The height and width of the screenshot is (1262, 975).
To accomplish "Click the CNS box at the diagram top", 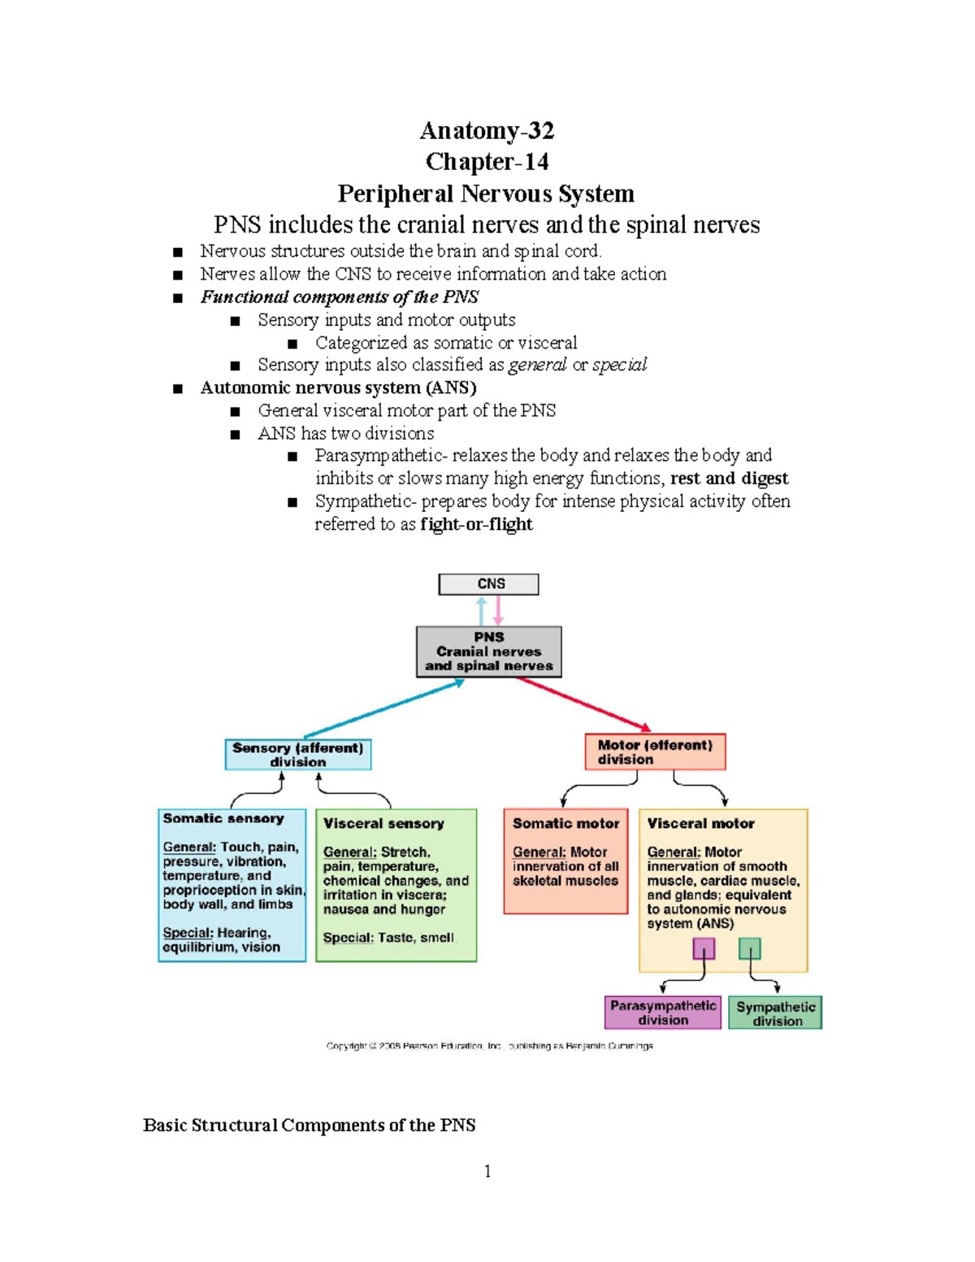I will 488,584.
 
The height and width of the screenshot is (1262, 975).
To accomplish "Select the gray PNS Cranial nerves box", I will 488,652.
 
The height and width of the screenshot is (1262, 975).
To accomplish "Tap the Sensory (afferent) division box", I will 297,754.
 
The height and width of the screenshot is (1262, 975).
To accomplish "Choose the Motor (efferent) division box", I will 655,752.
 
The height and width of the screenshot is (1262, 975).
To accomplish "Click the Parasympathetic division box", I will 663,1013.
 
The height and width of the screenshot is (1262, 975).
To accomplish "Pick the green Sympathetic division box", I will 775,1013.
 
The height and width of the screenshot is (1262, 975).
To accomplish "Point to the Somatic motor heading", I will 565,823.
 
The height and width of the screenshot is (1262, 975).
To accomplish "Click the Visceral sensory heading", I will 383,823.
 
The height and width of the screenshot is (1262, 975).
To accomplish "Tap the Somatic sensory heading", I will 223,818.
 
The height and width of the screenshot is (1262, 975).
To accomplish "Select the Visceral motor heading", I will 700,823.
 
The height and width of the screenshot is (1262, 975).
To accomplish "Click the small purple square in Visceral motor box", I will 704,948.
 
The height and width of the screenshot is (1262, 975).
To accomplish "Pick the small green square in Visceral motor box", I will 749,948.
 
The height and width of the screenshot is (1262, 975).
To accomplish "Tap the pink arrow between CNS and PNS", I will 498,610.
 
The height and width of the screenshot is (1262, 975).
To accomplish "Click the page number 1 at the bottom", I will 487,1171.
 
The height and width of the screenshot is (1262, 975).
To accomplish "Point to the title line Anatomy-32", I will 487,130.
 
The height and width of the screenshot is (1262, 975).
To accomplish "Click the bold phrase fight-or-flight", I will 476,524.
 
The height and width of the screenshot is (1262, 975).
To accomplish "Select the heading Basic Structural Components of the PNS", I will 309,1125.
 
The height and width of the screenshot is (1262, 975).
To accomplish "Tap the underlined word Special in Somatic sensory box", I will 187,933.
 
